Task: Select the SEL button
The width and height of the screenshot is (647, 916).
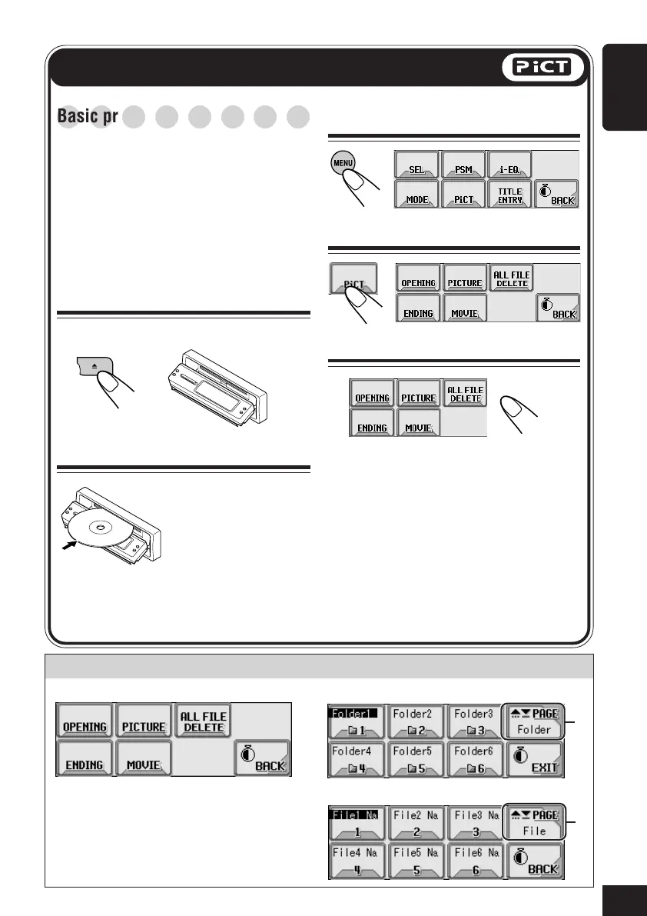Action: click(416, 165)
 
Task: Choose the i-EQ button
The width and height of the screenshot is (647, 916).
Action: click(510, 165)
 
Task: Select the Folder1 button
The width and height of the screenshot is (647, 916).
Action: click(356, 721)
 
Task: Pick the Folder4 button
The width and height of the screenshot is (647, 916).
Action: click(356, 760)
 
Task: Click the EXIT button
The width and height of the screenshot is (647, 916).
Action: click(533, 760)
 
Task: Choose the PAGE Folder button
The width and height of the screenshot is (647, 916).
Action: click(533, 721)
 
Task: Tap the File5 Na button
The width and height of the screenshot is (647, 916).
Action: click(414, 861)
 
